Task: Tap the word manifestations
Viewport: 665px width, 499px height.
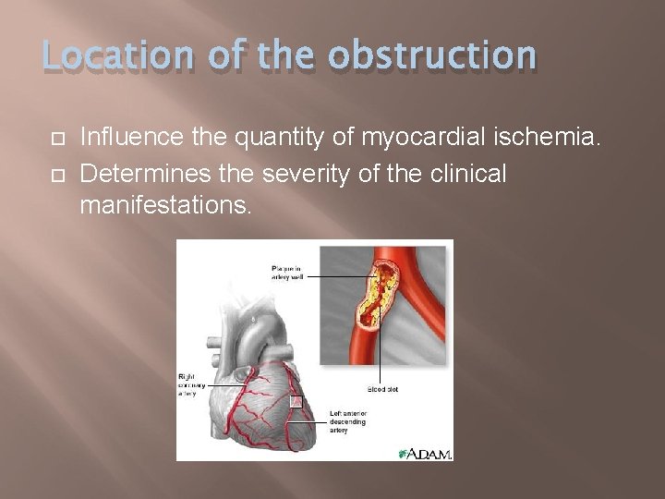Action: point(164,205)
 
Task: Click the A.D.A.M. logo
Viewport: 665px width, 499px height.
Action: point(426,453)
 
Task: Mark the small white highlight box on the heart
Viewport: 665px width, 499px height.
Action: point(296,402)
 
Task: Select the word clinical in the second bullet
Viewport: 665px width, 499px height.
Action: point(467,173)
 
